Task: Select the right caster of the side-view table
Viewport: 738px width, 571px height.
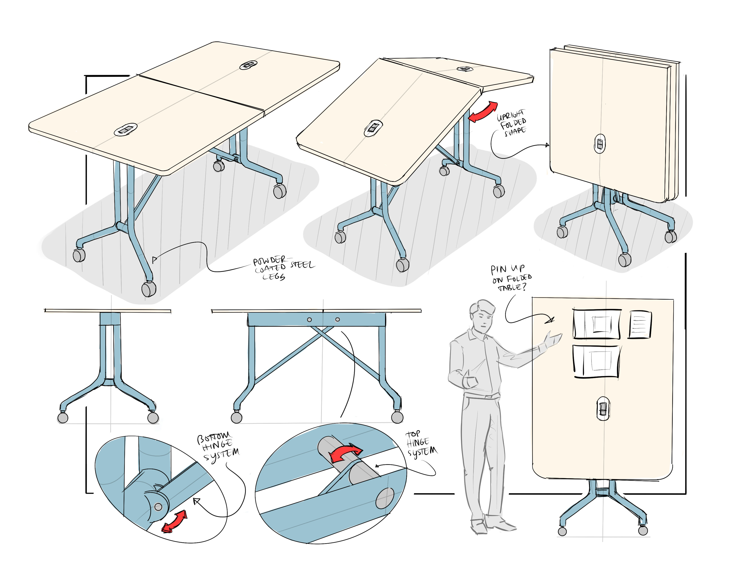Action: [x=397, y=417]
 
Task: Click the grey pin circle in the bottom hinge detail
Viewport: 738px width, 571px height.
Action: [x=158, y=507]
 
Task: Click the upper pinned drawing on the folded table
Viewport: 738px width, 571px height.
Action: [x=597, y=324]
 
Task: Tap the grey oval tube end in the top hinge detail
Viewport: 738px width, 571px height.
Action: [x=385, y=498]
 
